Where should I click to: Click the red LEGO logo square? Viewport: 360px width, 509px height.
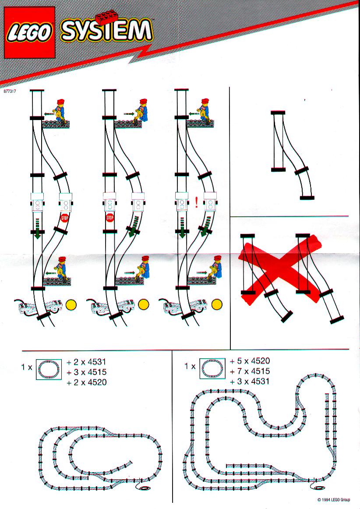coord(29,32)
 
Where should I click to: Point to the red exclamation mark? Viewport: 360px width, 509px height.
coord(196,202)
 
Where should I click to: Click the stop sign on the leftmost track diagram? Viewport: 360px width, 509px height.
coord(65,218)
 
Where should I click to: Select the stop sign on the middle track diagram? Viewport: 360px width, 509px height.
coord(110,218)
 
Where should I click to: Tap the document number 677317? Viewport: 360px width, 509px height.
coord(10,91)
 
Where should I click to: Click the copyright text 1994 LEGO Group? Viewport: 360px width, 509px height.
coord(334,500)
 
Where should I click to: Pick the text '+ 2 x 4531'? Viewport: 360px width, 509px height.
coord(86,362)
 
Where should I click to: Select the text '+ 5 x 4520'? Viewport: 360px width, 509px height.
coord(250,361)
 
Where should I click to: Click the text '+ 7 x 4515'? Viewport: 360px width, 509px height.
coord(250,371)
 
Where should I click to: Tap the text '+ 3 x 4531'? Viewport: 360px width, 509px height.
coord(250,381)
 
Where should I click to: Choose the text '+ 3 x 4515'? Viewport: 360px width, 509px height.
coord(86,372)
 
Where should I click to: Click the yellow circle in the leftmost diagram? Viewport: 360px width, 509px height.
coord(71,305)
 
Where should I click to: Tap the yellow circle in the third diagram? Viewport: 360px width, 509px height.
coord(217,305)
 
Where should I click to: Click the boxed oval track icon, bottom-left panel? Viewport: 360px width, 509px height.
coord(49,369)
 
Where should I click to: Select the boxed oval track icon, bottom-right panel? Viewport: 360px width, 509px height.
coord(212,368)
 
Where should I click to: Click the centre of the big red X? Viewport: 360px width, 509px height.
coord(281,268)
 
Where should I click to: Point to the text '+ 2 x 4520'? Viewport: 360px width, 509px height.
coord(86,382)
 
